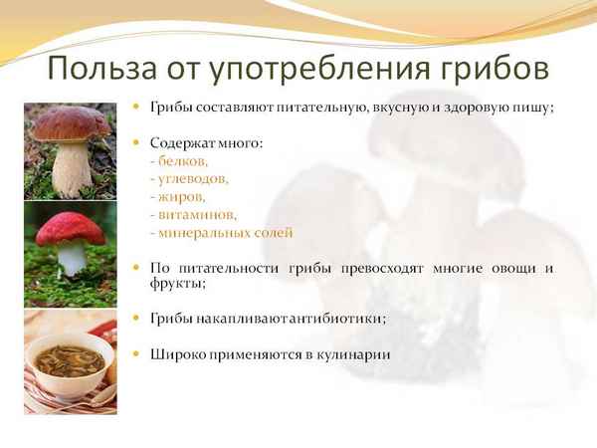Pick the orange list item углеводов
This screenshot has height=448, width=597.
(x=191, y=179)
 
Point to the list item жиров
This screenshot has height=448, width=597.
(x=182, y=197)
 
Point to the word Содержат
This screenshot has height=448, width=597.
(x=185, y=143)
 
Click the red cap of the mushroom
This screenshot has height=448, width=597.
(x=71, y=231)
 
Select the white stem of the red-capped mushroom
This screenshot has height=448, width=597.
(x=71, y=260)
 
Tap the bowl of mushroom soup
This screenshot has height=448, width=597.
(x=70, y=360)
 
